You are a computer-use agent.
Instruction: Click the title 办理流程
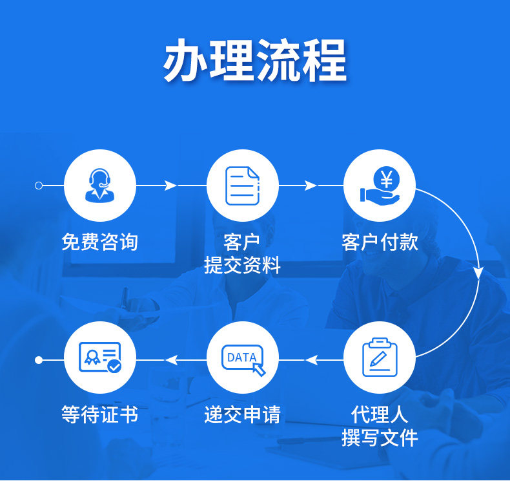pos(254,61)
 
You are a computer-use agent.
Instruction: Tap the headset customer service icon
pos(100,185)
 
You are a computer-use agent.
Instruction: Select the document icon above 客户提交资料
pos(242,185)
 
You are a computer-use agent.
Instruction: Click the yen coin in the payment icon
pos(387,178)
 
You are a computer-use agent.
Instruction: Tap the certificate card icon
pos(100,358)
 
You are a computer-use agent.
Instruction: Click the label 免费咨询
pos(99,242)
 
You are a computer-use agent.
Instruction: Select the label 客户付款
pos(380,242)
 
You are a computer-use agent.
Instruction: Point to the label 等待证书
pos(99,414)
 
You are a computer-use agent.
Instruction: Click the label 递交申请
pos(242,414)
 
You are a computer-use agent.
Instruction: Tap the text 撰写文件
pos(380,437)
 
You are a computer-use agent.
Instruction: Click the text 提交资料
pos(242,265)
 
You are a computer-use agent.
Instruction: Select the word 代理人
pos(380,414)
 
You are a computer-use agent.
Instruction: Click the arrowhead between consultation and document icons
pos(170,186)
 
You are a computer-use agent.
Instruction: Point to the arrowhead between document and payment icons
pos(311,186)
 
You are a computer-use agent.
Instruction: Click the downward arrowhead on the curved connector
pos(478,272)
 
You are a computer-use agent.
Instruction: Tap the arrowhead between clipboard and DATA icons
pos(311,359)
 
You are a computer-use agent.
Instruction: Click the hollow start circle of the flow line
pos(39,186)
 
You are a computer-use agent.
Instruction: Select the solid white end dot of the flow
pos(39,359)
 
